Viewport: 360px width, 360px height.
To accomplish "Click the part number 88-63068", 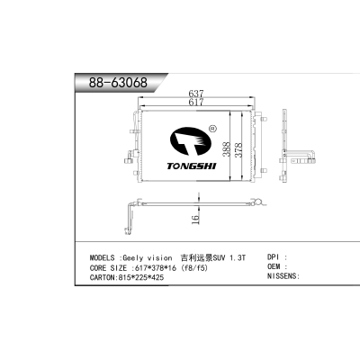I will click(x=117, y=83).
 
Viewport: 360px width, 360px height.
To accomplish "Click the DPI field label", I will click(x=273, y=256).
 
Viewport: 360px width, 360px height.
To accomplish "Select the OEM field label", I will click(x=273, y=267).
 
